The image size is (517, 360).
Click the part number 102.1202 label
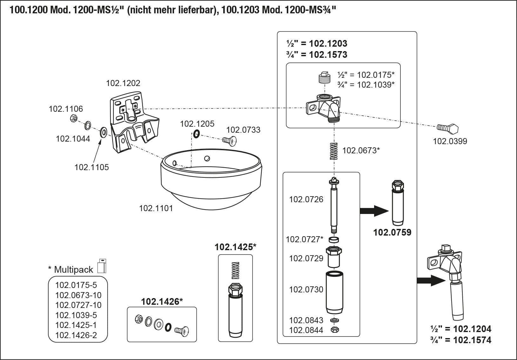tap(123, 83)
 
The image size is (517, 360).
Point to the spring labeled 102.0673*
tap(333, 151)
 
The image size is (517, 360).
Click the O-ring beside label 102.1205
tap(196, 134)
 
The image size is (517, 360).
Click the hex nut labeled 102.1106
tap(73, 119)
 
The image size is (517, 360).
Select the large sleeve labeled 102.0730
tap(335, 292)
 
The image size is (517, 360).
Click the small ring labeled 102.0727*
tap(333, 239)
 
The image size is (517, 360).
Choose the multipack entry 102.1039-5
tap(76, 315)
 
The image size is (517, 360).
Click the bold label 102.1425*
tap(235, 247)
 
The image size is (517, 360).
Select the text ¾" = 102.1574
tap(461, 340)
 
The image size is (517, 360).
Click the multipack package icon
tap(102, 266)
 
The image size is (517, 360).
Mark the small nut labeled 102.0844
tap(334, 330)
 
